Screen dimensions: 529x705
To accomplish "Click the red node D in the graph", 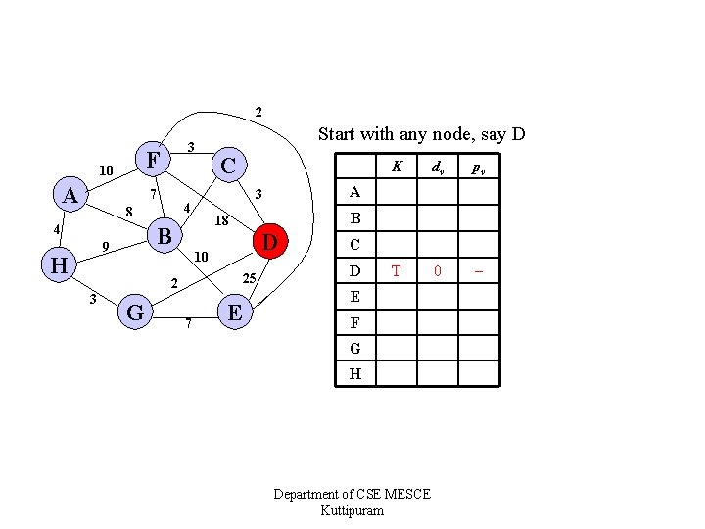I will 271,240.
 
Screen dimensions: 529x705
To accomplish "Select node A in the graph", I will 70,195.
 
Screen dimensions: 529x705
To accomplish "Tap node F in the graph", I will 153,159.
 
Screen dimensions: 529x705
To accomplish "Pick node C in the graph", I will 227,165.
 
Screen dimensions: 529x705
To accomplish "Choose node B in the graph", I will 164,236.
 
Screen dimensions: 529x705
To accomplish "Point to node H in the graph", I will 59,264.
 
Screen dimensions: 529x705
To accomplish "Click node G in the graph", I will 136,313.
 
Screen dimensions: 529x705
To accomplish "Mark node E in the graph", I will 234,313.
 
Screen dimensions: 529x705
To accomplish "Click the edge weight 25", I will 249,280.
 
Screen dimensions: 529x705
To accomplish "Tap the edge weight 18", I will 221,221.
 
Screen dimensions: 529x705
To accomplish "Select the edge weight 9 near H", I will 105,246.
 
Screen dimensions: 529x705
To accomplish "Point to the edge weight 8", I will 128,211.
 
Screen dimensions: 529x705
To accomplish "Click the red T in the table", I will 397,270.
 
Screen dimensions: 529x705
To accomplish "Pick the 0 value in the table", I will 439,270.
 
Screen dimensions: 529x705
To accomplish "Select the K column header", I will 397,167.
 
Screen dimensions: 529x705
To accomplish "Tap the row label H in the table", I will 354,373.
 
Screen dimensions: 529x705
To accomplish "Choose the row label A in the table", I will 354,192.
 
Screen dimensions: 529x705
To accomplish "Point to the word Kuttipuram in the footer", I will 352,510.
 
